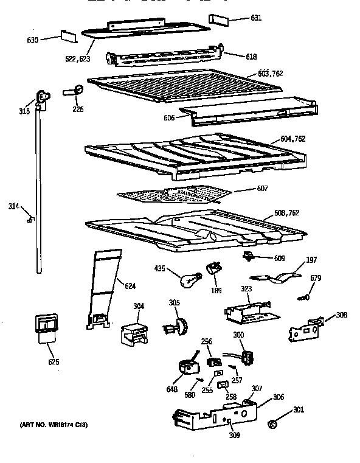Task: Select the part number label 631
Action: pyautogui.click(x=256, y=17)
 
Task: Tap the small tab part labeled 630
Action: pyautogui.click(x=67, y=37)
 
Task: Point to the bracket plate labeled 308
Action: pyautogui.click(x=305, y=329)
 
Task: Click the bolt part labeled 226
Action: pyautogui.click(x=72, y=92)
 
